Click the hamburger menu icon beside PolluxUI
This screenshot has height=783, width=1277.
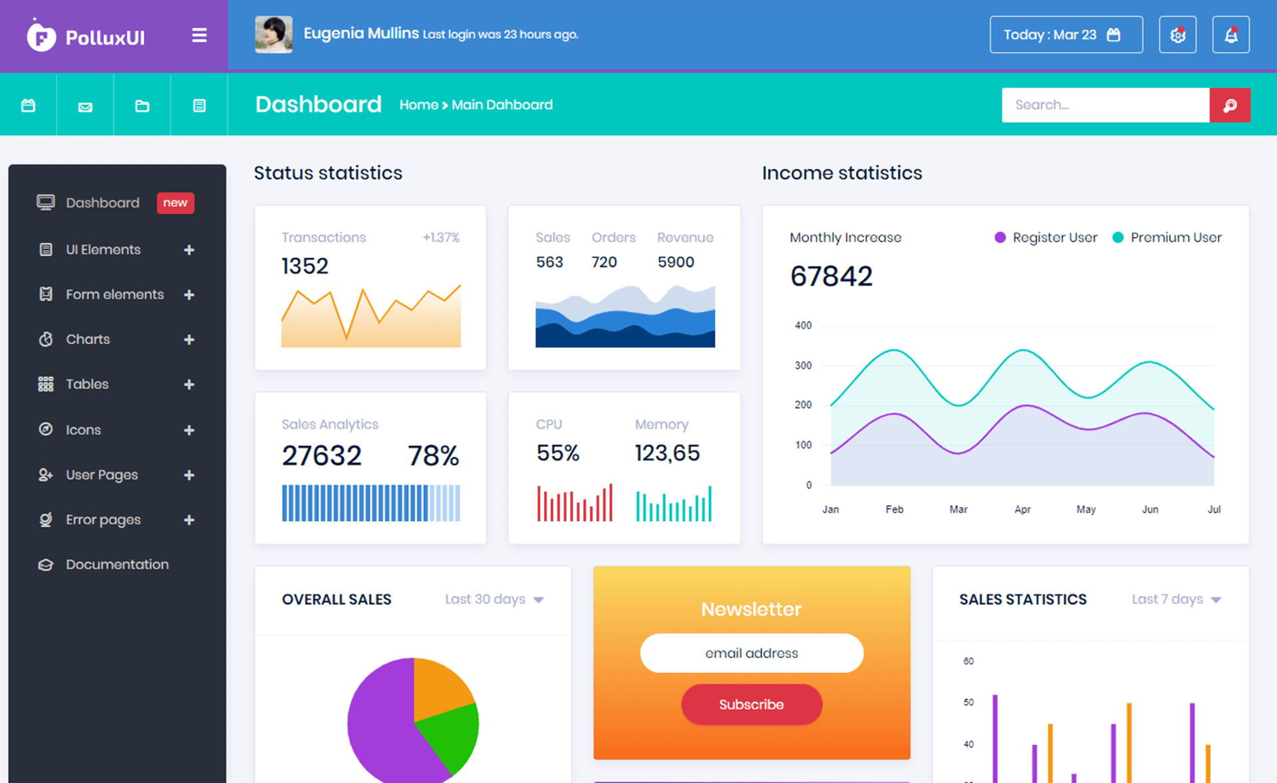199,35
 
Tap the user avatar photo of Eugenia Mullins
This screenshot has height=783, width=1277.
273,35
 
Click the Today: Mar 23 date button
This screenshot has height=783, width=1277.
1065,35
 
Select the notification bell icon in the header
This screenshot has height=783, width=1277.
1230,35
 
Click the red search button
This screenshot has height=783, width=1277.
1230,105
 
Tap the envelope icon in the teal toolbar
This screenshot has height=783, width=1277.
85,106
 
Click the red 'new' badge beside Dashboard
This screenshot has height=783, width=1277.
175,203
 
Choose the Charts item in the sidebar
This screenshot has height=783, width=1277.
88,339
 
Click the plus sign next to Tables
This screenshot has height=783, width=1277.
189,384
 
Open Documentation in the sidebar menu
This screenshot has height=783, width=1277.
117,564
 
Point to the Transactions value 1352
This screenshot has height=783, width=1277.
305,266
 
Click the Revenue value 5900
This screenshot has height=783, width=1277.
675,262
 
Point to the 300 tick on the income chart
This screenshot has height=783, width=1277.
803,366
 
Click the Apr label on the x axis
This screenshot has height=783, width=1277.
1022,509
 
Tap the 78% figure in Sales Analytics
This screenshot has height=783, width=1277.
433,456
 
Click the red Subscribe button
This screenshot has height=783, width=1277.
752,705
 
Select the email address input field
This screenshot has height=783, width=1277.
752,653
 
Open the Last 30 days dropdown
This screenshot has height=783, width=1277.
494,600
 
